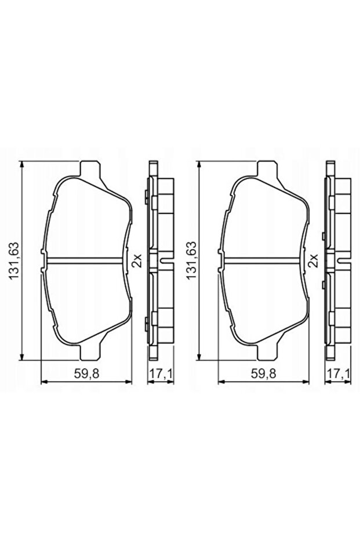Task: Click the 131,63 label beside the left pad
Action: (x=13, y=260)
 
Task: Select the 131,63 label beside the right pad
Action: (x=189, y=260)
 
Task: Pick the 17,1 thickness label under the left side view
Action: (x=161, y=374)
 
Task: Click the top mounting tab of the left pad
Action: (x=89, y=169)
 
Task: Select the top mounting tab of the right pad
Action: (x=266, y=169)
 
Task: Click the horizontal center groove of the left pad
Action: (x=87, y=259)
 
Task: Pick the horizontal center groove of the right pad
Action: (x=264, y=259)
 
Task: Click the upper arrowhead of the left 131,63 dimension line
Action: (x=22, y=165)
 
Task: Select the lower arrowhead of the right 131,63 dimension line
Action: (x=199, y=355)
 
